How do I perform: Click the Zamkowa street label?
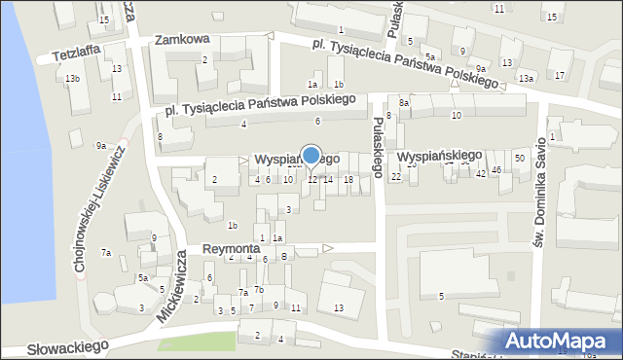[183, 40]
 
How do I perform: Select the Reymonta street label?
[231, 249]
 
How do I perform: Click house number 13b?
[72, 78]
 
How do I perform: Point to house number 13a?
[527, 78]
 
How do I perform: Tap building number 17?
[559, 75]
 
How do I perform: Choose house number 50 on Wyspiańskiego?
[520, 158]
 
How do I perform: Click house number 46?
[496, 171]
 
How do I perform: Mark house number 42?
[481, 174]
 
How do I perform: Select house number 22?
[395, 176]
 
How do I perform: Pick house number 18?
[348, 179]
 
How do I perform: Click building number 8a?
[404, 102]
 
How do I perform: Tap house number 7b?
[259, 290]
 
